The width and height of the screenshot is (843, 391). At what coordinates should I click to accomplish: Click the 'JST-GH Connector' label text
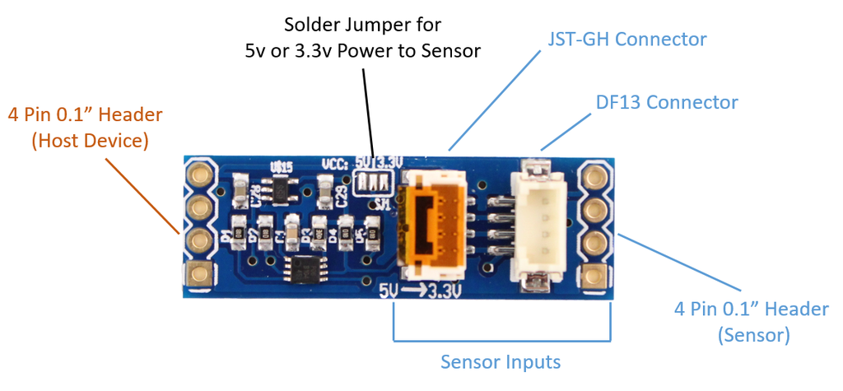tap(627, 40)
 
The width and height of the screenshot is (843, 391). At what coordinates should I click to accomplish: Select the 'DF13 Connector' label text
tap(667, 103)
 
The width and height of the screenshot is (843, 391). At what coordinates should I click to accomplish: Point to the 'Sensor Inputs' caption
tap(501, 362)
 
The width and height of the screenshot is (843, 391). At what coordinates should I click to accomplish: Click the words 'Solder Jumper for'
tap(362, 23)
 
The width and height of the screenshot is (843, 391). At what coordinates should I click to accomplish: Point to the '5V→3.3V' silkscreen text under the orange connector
tap(420, 291)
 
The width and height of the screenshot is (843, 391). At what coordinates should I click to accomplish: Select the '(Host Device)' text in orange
tap(90, 141)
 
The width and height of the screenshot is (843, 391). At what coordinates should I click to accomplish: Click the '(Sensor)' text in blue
tap(753, 335)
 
